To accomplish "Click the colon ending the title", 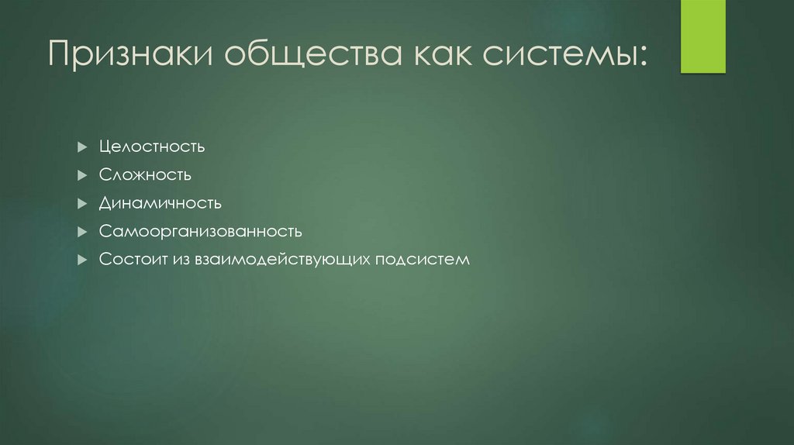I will pyautogui.click(x=640, y=59).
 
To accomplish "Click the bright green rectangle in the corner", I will pyautogui.click(x=703, y=36).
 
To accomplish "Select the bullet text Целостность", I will pyautogui.click(x=151, y=147).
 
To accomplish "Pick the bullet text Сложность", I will pyautogui.click(x=145, y=175).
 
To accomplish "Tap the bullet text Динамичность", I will pyautogui.click(x=160, y=203).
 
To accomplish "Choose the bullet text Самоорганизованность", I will pyautogui.click(x=200, y=231).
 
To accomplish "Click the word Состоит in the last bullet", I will pyautogui.click(x=127, y=260).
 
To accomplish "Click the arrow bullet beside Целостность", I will pyautogui.click(x=82, y=147).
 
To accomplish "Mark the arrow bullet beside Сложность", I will pyautogui.click(x=82, y=175).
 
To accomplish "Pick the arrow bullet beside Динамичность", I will pyautogui.click(x=82, y=204).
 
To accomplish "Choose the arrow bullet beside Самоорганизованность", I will pyautogui.click(x=82, y=232).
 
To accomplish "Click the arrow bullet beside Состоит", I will pyautogui.click(x=82, y=260).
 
